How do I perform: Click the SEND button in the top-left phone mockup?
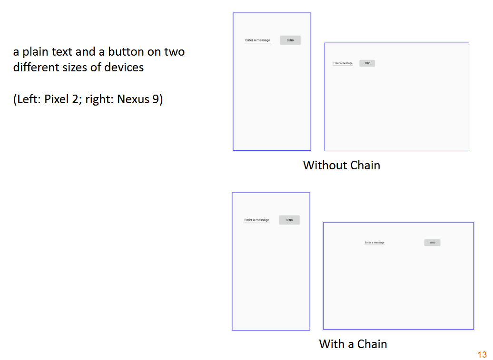click(x=290, y=40)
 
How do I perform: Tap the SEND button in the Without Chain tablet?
click(x=367, y=63)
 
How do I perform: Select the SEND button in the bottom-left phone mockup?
click(x=289, y=220)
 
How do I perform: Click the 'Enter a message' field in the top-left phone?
click(x=257, y=40)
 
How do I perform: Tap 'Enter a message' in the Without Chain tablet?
click(x=343, y=63)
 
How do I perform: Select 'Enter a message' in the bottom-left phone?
click(x=256, y=220)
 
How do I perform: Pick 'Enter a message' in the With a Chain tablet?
click(x=375, y=243)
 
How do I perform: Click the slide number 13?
click(x=482, y=354)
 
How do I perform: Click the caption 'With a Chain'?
click(x=353, y=344)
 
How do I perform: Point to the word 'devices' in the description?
click(x=124, y=67)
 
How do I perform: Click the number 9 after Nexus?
click(x=156, y=99)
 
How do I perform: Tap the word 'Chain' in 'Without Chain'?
click(x=365, y=165)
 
